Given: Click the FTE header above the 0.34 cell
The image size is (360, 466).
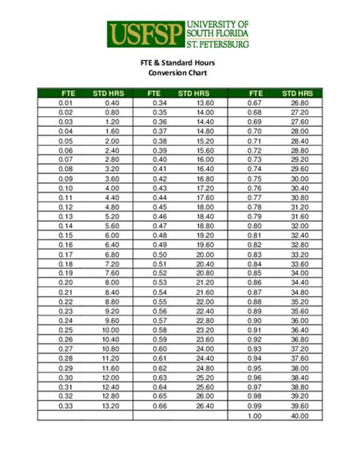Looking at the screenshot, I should [160, 93].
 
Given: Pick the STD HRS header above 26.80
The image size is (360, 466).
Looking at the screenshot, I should [298, 93].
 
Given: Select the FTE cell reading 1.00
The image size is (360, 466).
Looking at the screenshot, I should [254, 416].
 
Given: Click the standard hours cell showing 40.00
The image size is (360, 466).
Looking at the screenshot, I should [299, 416].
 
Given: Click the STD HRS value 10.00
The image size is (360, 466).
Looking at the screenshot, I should [112, 331].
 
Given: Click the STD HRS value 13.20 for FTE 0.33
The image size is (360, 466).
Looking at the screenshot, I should [112, 407].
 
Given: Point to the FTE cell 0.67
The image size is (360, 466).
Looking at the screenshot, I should [254, 103].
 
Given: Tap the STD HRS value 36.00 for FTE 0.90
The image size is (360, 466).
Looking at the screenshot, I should [299, 321].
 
